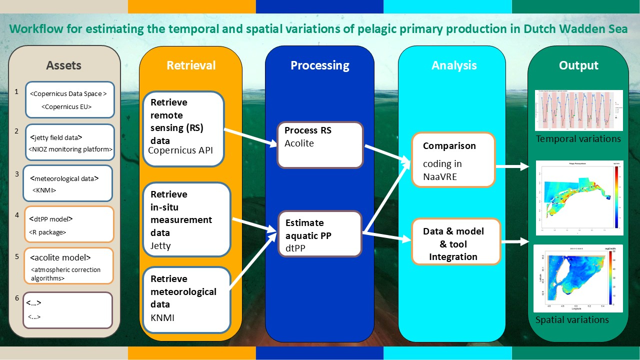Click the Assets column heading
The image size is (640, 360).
tap(63, 65)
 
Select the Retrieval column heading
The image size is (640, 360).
tap(191, 65)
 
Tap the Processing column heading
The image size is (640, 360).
tap(319, 65)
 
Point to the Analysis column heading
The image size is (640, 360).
tap(454, 65)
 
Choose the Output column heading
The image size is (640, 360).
tap(578, 65)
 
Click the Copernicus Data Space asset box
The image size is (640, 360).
tap(70, 99)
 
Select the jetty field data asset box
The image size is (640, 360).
tap(69, 142)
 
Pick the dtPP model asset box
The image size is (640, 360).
tap(68, 225)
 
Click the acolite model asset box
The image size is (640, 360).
tap(68, 266)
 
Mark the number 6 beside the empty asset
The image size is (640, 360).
tap(17, 298)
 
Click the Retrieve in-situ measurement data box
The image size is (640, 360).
tap(187, 220)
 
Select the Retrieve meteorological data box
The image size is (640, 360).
tap(186, 298)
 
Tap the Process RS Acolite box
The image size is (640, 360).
tap(319, 145)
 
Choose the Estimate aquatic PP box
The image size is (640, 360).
tap(319, 233)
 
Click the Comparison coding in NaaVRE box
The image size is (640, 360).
tap(453, 159)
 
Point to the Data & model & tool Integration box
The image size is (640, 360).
tap(455, 241)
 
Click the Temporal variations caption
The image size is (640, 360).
tap(578, 139)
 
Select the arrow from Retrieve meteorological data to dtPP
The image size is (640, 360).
tap(253, 260)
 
